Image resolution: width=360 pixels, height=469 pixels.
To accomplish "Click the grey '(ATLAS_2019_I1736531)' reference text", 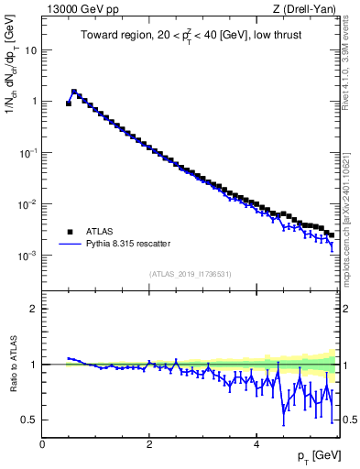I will (191, 273).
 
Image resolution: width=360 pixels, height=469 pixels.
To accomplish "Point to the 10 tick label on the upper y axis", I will (30, 50).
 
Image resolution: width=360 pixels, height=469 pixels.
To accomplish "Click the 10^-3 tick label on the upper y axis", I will (27, 256).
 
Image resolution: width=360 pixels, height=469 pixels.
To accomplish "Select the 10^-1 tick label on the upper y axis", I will (27, 153).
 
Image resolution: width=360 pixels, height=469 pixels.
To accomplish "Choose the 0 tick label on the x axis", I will (42, 443).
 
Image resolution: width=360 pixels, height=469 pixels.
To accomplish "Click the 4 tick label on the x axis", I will (256, 443).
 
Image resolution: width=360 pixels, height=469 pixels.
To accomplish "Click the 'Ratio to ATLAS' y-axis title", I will (11, 365).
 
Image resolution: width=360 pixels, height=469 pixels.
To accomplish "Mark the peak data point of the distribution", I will (74, 92).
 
